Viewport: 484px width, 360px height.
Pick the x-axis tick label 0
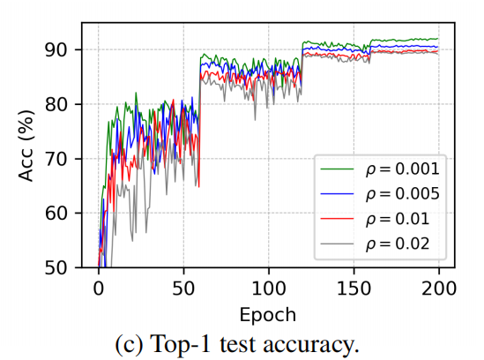[99, 288]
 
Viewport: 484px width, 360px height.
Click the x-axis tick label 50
[183, 288]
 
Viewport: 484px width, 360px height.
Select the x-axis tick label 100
[268, 288]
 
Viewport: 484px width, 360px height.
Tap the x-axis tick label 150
[354, 288]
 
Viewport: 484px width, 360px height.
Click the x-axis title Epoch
[268, 313]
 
